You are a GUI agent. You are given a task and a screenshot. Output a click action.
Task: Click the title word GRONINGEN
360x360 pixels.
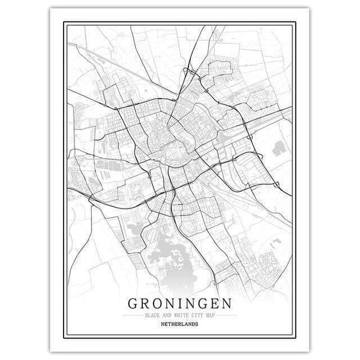click(180, 303)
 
